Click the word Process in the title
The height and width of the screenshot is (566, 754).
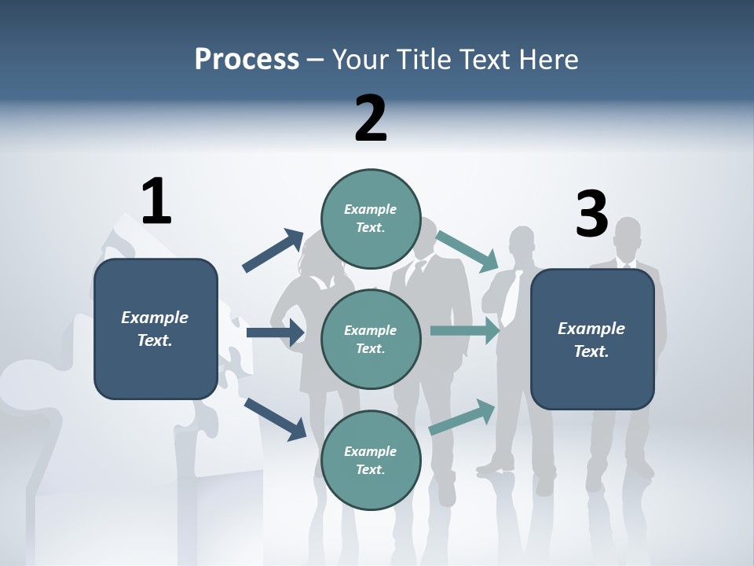[247, 59]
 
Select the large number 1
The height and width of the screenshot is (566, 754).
[156, 201]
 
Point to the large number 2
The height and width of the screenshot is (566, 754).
[371, 118]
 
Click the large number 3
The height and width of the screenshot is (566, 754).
[591, 214]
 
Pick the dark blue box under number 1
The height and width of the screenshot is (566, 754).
[156, 329]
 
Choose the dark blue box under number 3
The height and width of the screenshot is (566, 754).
[592, 340]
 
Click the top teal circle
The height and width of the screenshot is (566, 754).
[371, 219]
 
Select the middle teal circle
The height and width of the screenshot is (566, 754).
[371, 339]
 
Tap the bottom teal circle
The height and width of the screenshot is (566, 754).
[371, 460]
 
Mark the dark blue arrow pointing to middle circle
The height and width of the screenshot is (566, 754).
[276, 333]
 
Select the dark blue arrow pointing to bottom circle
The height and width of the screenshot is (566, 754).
[276, 419]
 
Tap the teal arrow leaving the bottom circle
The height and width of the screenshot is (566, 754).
[462, 417]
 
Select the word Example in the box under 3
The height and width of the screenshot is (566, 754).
[591, 329]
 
